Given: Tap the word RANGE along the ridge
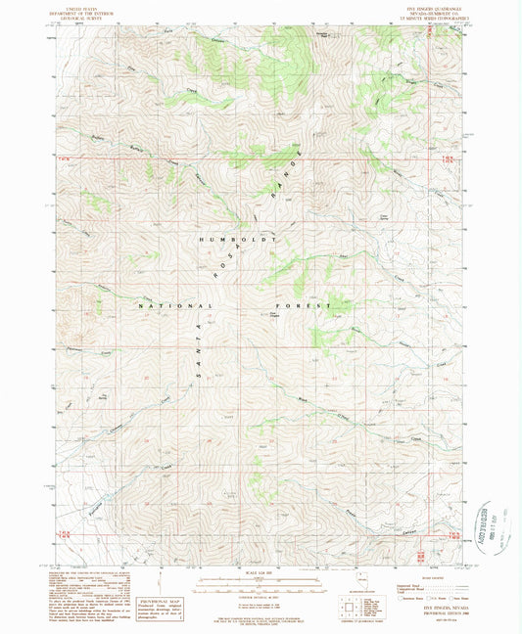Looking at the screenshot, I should (296, 170).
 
